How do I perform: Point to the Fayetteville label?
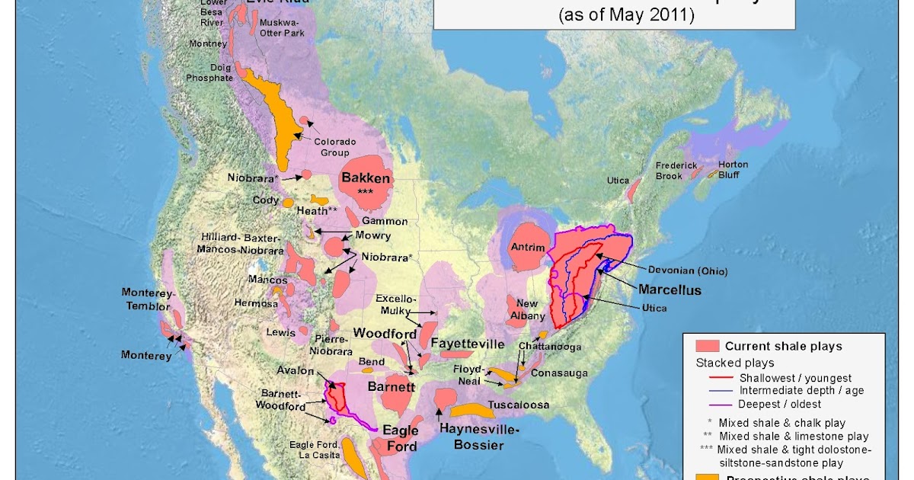468,343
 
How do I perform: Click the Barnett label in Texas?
391,387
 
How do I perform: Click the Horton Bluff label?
732,170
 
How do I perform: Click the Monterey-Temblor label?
148,299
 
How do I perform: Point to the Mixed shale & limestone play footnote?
792,437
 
